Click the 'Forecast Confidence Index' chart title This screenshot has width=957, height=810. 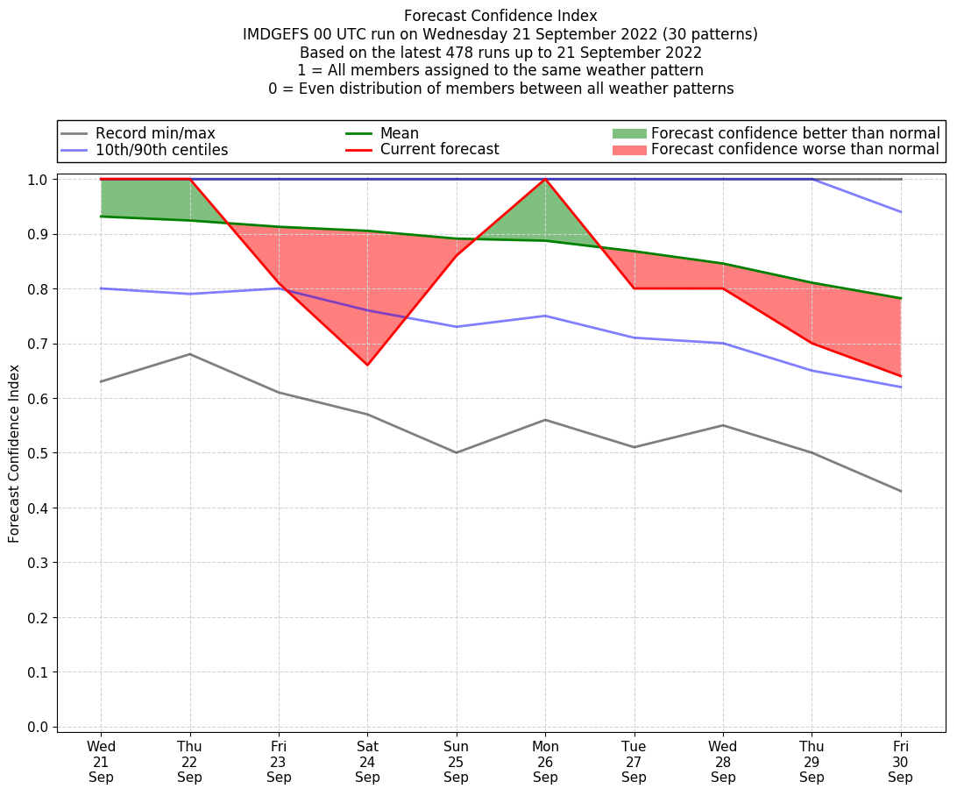click(500, 16)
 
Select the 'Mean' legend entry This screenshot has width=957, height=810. click(399, 133)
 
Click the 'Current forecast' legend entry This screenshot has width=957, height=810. click(439, 150)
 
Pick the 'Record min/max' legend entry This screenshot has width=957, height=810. click(154, 133)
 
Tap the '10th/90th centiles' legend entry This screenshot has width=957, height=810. click(161, 150)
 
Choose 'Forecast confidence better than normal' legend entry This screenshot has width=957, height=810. click(795, 133)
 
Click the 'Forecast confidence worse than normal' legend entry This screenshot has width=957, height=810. click(795, 150)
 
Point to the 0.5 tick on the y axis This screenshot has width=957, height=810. click(38, 453)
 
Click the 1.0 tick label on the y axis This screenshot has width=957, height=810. click(38, 180)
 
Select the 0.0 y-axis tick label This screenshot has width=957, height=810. click(38, 728)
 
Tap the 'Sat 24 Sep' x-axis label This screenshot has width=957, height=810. click(367, 762)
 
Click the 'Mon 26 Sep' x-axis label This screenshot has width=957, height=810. click(545, 762)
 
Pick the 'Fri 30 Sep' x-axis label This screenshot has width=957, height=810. click(900, 762)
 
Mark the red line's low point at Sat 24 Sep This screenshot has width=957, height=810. click(367, 365)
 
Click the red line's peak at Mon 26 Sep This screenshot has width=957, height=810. click(545, 179)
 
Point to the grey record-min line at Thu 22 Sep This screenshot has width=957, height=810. click(189, 354)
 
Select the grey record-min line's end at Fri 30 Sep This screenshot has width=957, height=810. click(900, 491)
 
